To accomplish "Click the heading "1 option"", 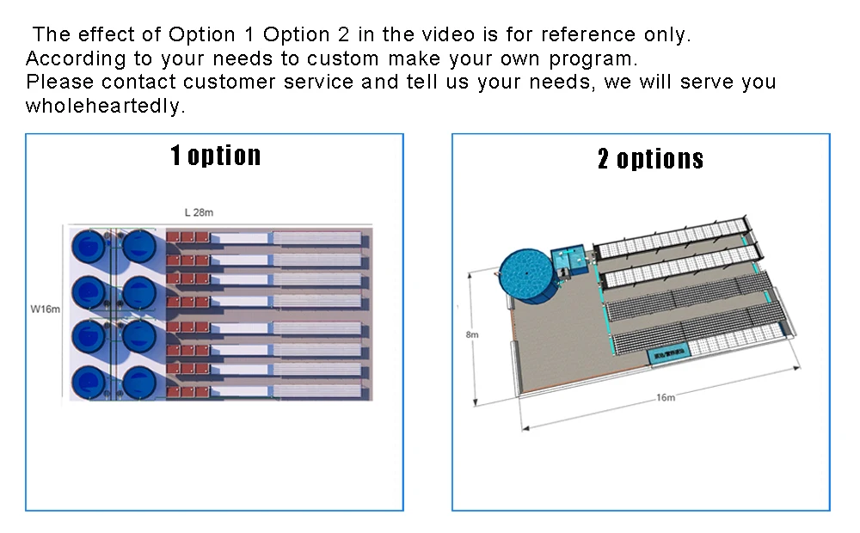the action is click(x=215, y=156).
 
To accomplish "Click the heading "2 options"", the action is click(x=650, y=159).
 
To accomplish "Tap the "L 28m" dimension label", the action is click(x=199, y=211).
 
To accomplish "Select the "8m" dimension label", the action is click(x=471, y=334).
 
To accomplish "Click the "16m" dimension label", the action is click(x=666, y=397).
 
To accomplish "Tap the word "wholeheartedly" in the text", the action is click(x=105, y=107).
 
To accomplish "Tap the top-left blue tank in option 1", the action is click(x=89, y=246).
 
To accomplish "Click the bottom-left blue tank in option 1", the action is click(x=89, y=382).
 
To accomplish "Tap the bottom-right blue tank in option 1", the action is click(x=138, y=382).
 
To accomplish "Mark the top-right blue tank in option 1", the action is click(x=138, y=246).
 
